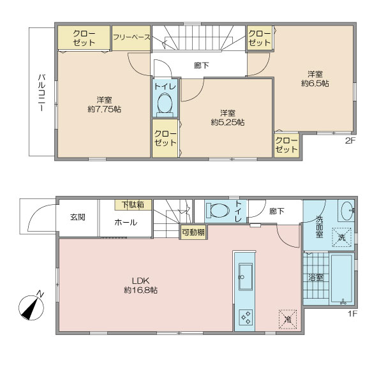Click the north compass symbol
point(31,307)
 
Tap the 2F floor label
point(350,140)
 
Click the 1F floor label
point(353,314)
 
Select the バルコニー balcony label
point(41,93)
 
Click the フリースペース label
point(131,37)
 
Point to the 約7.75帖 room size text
point(105,109)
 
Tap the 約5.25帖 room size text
point(228,122)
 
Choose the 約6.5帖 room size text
point(315,84)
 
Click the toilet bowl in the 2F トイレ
point(165,103)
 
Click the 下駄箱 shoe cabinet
point(133,205)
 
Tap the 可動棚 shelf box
point(193,232)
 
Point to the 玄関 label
point(78,218)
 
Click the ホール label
point(126,222)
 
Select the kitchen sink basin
point(245,277)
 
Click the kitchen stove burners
point(246,317)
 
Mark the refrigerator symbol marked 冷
point(288,319)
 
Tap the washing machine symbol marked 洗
point(341,237)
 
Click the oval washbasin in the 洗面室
point(347,210)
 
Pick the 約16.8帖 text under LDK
point(140,290)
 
